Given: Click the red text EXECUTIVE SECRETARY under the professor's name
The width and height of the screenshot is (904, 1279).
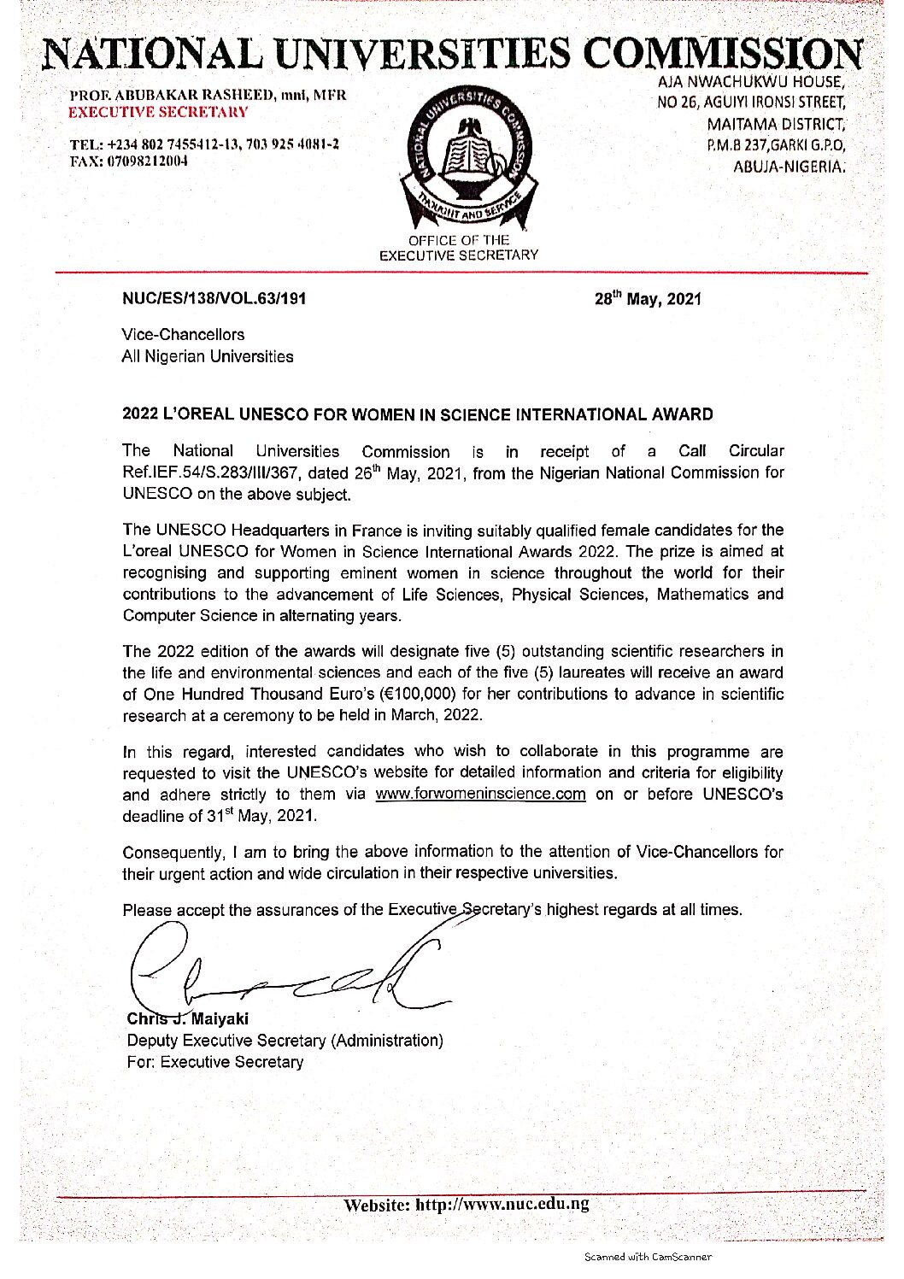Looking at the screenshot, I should click(x=159, y=112).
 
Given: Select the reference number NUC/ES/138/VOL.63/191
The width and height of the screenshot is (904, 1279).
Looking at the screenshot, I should click(x=214, y=299).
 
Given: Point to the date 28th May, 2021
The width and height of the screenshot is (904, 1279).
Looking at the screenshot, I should click(x=648, y=298).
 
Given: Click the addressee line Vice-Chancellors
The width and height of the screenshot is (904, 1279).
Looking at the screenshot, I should click(x=183, y=335).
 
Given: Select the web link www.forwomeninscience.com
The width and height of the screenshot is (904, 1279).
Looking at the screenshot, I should click(x=480, y=795).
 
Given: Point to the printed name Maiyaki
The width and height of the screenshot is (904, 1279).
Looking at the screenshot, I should click(x=220, y=1019).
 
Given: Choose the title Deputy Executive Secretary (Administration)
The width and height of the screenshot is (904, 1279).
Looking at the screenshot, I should click(x=285, y=1041).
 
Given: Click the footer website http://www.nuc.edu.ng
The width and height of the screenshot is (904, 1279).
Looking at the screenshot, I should click(x=502, y=1205).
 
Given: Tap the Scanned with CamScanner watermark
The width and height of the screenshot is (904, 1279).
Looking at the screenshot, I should click(x=648, y=1256).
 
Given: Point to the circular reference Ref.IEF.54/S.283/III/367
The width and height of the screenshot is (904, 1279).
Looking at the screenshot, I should click(x=219, y=473).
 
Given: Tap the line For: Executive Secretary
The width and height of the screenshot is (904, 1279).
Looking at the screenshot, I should click(x=214, y=1062).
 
